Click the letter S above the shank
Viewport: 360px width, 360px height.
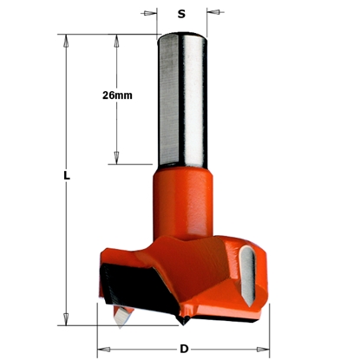click(x=181, y=14)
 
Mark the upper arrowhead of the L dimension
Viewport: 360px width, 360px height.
click(x=66, y=39)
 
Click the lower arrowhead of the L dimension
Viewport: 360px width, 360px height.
click(x=66, y=322)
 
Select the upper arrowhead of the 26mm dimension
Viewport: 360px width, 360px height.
click(x=116, y=39)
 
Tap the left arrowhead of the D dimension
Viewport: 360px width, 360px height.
click(x=102, y=350)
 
